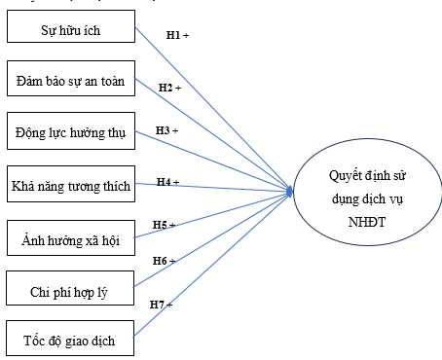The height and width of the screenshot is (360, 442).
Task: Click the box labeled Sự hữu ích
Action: [69, 31]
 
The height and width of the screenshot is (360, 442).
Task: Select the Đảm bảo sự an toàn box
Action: [69, 81]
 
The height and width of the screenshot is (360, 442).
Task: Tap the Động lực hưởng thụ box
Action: [69, 132]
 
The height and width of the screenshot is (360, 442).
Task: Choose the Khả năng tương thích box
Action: [69, 184]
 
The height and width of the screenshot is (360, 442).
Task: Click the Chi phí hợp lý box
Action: [69, 289]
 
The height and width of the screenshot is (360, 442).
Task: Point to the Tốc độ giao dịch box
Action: [69, 341]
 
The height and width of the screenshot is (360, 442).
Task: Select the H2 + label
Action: [170, 88]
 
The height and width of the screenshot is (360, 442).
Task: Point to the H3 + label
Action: [166, 129]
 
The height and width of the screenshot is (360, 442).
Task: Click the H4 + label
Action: [167, 181]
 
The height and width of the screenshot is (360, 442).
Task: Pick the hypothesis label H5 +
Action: [164, 225]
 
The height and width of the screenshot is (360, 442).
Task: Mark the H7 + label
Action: [161, 305]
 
